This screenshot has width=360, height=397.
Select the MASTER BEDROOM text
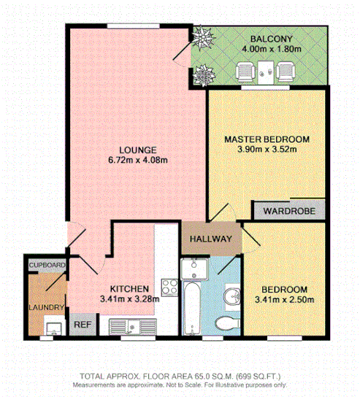[267, 139]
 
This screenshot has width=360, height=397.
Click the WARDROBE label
[288, 211]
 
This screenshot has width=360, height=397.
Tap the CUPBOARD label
[47, 264]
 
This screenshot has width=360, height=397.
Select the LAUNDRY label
[47, 308]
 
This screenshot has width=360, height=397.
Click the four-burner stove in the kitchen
[170, 288]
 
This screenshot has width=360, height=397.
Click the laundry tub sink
[53, 326]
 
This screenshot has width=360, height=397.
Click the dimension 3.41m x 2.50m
[284, 298]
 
